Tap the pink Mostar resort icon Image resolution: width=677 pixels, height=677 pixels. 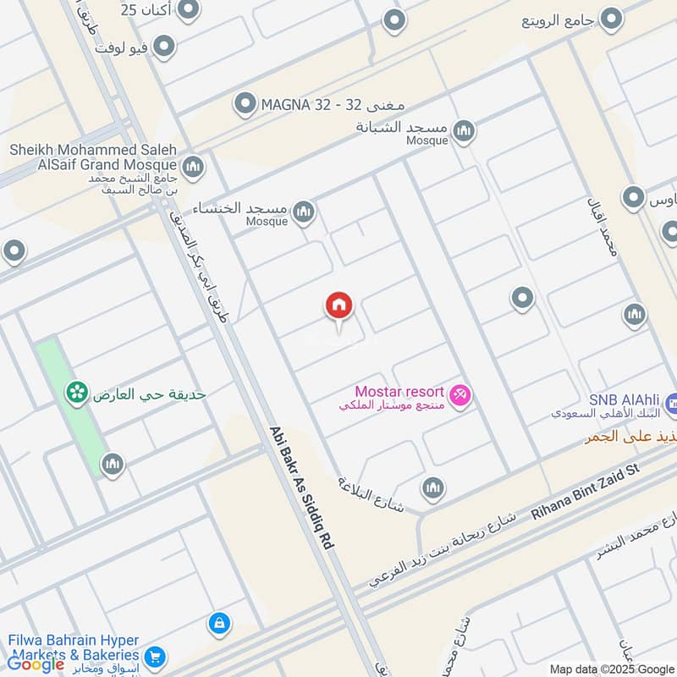pos(460,394)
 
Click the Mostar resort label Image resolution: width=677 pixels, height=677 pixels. pos(399,392)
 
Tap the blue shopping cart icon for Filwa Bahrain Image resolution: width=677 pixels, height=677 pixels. pos(154,657)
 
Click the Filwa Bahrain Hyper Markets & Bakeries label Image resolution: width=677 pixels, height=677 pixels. pos(74,648)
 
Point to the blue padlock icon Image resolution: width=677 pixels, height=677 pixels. pos(218,625)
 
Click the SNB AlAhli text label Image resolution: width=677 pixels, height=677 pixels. pos(625,399)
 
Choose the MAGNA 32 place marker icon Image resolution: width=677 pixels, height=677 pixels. pos(245,104)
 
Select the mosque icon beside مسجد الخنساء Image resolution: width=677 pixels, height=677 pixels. pos(303,212)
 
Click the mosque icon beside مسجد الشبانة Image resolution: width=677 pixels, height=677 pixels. pos(463,131)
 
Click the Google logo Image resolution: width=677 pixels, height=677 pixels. pos(36,664)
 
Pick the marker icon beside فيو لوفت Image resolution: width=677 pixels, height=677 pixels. pos(162,46)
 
